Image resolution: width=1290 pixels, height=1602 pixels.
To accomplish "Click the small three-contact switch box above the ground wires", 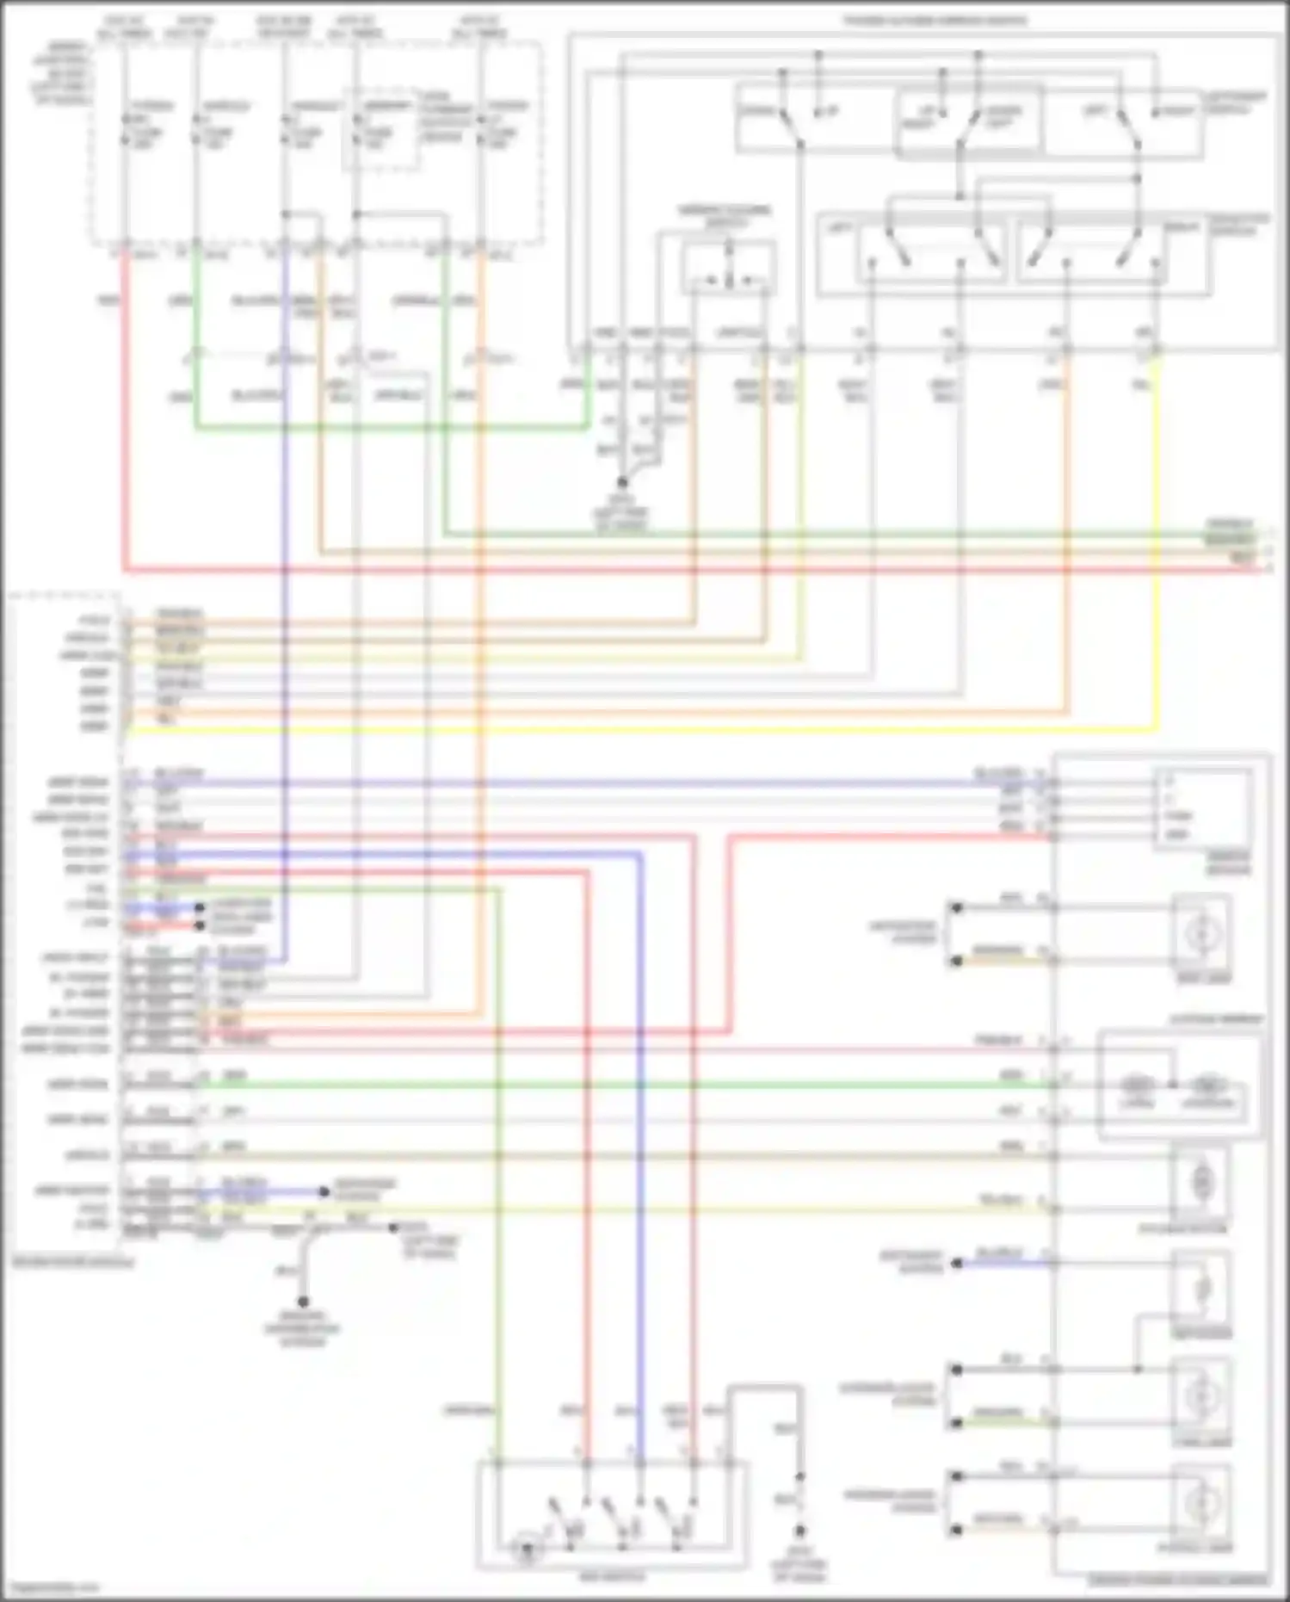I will pos(728,269).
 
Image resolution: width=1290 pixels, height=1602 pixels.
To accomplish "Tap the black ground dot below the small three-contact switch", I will pos(622,483).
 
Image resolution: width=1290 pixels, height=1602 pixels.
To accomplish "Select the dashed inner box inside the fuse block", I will pos(380,129).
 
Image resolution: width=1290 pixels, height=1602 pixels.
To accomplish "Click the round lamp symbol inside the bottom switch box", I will pos(526,1550).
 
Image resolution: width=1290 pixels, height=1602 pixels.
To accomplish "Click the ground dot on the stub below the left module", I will pos(303,1302).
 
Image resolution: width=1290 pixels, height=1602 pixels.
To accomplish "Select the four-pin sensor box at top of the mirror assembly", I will pos(1202,807).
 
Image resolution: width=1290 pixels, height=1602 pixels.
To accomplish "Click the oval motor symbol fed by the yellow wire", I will pos(1201,1182).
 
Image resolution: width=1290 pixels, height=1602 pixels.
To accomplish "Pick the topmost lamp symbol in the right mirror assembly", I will pos(1201,933).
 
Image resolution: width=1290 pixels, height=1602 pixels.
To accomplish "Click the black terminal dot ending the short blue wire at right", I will pos(956,1263).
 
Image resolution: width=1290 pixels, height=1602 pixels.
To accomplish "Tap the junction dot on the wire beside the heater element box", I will pos(1137,1369).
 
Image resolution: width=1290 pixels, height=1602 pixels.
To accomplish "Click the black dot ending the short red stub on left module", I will pos(200,925).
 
